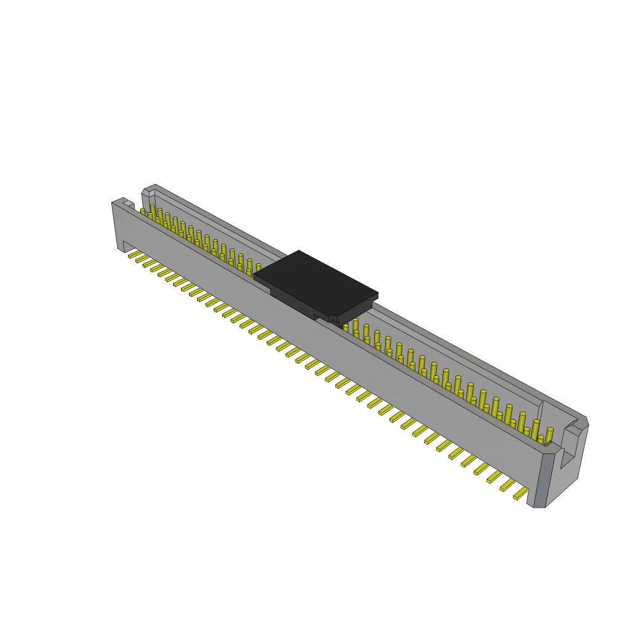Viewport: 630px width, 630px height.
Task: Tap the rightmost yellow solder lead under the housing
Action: point(520,493)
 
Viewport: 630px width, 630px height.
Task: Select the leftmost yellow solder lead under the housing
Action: point(135,253)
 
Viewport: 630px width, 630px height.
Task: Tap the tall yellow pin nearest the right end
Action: point(549,435)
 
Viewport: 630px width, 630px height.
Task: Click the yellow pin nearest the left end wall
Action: point(143,212)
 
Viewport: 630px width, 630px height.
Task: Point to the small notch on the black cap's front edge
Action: point(332,319)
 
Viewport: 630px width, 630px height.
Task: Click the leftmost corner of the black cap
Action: point(255,275)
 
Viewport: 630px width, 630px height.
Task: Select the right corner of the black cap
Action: point(377,295)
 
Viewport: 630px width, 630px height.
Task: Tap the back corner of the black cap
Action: point(300,251)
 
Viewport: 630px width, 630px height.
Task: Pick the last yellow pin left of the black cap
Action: point(258,267)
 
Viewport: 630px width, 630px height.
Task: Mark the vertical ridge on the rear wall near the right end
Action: point(540,412)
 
